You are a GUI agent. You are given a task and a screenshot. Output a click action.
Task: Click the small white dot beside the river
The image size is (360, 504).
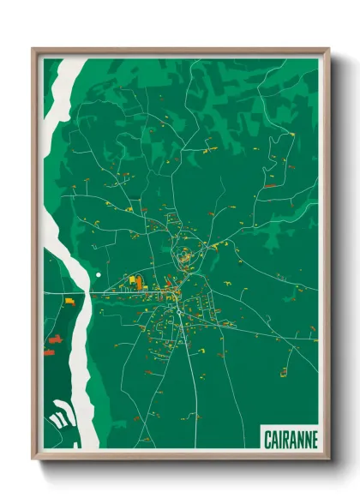[x=99, y=274]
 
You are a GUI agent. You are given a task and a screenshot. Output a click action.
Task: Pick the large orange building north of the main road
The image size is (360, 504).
[x=134, y=279]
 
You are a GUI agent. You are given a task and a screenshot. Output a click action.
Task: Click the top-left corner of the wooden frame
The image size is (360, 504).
[x=33, y=50]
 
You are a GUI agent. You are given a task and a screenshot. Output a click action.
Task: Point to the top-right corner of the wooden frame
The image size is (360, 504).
[x=328, y=50]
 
